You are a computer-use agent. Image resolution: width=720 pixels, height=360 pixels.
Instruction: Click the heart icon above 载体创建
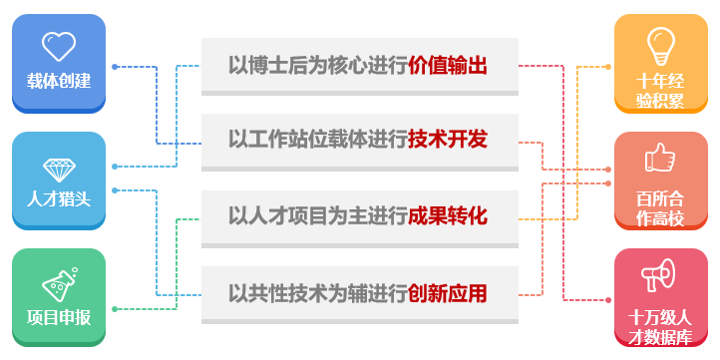point(59,45)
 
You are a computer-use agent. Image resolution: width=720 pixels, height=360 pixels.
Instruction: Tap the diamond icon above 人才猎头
point(59,168)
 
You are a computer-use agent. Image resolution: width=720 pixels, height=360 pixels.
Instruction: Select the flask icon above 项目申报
point(59,283)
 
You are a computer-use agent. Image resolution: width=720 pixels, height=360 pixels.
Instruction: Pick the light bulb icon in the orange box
point(660,45)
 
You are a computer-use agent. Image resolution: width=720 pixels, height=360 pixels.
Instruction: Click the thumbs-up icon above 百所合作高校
point(660,159)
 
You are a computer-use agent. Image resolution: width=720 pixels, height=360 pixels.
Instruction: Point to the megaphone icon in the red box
point(660,273)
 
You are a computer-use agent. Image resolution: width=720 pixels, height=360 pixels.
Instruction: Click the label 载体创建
point(59,81)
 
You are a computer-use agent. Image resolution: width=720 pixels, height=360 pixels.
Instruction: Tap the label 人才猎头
point(59,197)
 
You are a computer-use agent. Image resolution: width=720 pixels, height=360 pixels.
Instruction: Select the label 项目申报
point(59,317)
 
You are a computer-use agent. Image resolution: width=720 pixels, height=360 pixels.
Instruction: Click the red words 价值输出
point(448,66)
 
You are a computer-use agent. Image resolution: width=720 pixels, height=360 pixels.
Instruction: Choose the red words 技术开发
point(448,140)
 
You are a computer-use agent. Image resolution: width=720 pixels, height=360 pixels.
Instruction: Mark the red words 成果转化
point(448,215)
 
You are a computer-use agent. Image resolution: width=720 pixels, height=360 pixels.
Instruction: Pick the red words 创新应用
point(448,293)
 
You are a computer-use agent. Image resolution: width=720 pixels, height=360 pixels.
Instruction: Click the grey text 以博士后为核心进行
point(318,66)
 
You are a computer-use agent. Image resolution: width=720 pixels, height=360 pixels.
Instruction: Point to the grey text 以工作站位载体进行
point(318,140)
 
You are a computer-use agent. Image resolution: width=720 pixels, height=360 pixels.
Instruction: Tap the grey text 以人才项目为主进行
point(318,215)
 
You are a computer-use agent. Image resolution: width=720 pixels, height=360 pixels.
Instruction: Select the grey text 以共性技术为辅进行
point(318,293)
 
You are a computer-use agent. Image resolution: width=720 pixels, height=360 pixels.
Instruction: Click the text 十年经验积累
point(660,91)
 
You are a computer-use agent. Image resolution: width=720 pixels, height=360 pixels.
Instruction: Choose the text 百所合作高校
point(660,206)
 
